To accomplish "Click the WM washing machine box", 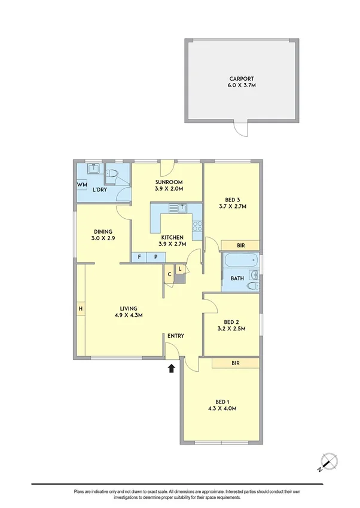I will (x=82, y=185).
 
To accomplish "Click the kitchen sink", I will (x=179, y=208).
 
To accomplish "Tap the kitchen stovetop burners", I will (x=197, y=227).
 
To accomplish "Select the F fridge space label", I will (x=139, y=257).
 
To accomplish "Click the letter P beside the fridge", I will (x=156, y=257).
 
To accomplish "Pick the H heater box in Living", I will (x=80, y=308).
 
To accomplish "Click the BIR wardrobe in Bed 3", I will (x=240, y=245).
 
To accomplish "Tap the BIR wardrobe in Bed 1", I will (x=236, y=363).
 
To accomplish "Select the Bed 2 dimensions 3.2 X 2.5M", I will (x=231, y=328).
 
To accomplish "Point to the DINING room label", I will (x=103, y=232).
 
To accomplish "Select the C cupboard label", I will (x=170, y=275).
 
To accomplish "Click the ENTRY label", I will (x=176, y=336).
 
